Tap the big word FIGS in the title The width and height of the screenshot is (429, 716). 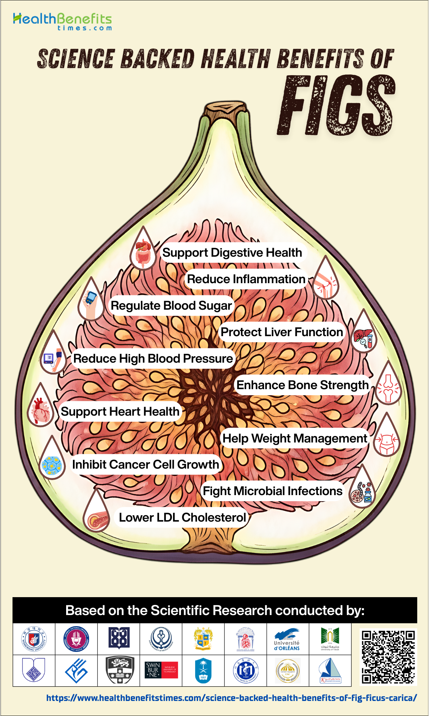pyautogui.click(x=336, y=106)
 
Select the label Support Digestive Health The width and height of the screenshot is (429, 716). pyautogui.click(x=232, y=253)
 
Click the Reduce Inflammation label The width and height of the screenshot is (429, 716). pyautogui.click(x=246, y=279)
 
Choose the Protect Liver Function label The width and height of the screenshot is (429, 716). pyautogui.click(x=282, y=332)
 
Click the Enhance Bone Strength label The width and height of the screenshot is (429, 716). pyautogui.click(x=302, y=385)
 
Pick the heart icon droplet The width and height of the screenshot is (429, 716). pyautogui.click(x=40, y=408)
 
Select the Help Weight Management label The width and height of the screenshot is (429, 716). pyautogui.click(x=295, y=438)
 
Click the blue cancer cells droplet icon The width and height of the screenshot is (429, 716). pyautogui.click(x=52, y=462)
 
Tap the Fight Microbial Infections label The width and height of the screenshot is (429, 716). pyautogui.click(x=272, y=491)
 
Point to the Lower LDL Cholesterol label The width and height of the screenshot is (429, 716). pyautogui.click(x=182, y=518)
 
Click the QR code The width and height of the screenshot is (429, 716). pyautogui.click(x=388, y=657)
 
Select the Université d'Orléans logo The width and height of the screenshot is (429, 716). pyautogui.click(x=287, y=639)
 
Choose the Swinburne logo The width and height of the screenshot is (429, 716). pyautogui.click(x=161, y=670)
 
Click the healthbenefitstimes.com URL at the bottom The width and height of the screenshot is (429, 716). pyautogui.click(x=232, y=698)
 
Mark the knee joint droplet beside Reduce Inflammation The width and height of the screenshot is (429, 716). pyautogui.click(x=325, y=281)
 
